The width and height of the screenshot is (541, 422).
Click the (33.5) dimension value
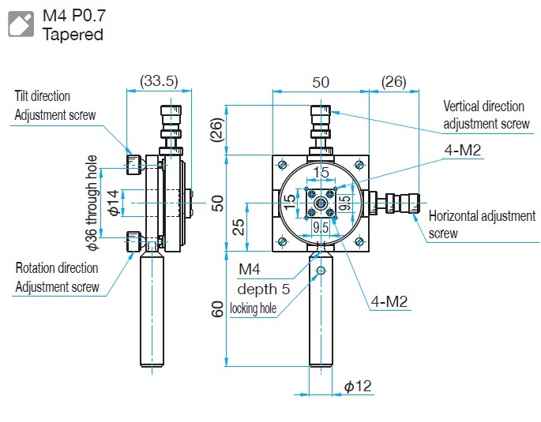click(158, 80)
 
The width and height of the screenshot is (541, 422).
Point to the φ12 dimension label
click(358, 386)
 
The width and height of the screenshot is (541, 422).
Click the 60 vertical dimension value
click(218, 309)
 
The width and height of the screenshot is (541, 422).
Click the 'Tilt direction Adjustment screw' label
click(55, 106)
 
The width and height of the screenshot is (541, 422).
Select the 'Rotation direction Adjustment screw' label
click(58, 277)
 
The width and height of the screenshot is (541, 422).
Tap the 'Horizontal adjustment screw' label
click(481, 224)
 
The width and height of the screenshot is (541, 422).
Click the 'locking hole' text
click(253, 308)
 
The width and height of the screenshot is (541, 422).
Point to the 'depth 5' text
click(263, 289)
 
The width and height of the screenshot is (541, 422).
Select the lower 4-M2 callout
click(391, 301)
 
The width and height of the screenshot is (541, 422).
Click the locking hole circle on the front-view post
click(320, 271)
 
